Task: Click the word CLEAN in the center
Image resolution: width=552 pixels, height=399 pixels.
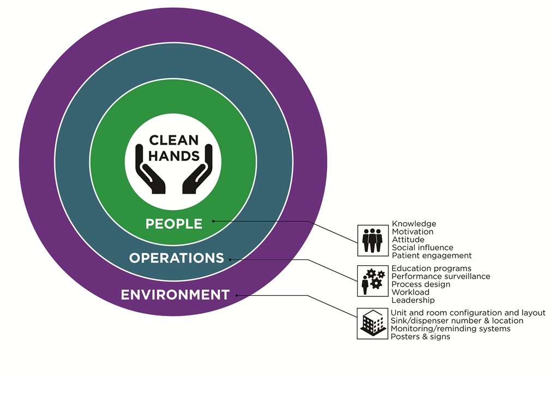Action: click(174, 141)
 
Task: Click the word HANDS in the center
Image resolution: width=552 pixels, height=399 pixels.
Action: click(174, 156)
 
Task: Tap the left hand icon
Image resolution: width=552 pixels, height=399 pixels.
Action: click(151, 173)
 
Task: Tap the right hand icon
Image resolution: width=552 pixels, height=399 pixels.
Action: click(197, 173)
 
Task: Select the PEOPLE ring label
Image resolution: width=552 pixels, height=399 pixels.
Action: click(173, 223)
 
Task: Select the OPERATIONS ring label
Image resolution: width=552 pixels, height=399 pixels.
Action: click(176, 258)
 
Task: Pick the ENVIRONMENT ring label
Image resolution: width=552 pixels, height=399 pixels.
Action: click(175, 295)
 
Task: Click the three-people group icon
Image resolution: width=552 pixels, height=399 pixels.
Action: click(373, 240)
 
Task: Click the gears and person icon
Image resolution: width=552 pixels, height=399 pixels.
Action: click(373, 281)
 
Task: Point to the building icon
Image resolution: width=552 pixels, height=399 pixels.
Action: click(373, 323)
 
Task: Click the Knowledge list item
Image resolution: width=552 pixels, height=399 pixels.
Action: click(414, 224)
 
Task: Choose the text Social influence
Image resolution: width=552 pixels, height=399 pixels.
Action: click(423, 248)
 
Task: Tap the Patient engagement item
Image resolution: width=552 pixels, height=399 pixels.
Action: click(431, 255)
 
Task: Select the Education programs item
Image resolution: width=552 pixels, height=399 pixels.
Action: click(431, 269)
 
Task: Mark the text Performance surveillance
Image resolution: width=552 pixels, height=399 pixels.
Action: click(441, 276)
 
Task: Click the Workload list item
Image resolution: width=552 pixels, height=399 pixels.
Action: click(410, 292)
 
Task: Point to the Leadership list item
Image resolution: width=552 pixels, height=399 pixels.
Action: click(413, 300)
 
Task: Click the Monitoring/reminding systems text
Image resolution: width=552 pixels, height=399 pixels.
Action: click(451, 329)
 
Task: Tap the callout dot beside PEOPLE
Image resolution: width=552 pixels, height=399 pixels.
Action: click(213, 221)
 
